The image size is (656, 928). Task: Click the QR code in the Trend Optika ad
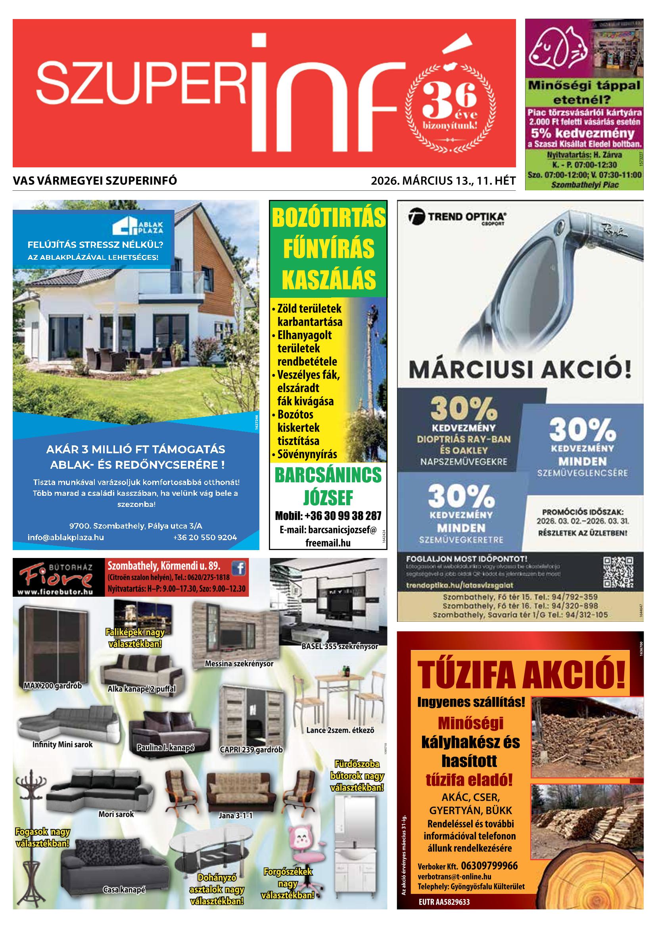(618, 572)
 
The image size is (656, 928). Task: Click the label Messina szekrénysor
(239, 663)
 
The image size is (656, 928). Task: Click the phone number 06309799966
(489, 865)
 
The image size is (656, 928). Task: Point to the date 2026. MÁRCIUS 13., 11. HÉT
(443, 181)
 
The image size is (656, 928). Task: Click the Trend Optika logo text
(467, 217)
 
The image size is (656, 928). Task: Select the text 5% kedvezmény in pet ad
(583, 133)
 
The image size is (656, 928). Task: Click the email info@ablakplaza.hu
(66, 537)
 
